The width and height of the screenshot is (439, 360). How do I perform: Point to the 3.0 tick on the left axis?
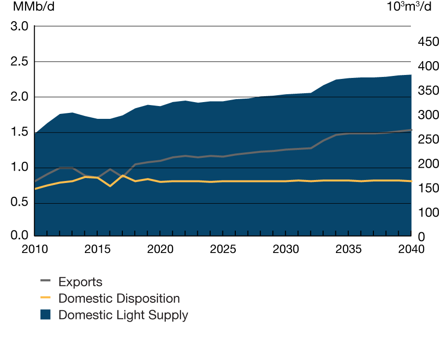pyautogui.click(x=19, y=26)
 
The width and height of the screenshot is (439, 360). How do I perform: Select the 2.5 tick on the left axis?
pyautogui.click(x=19, y=62)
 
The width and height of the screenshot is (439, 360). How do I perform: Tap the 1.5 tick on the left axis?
pyautogui.click(x=19, y=133)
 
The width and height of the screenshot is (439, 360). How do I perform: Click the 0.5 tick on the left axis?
pyautogui.click(x=19, y=203)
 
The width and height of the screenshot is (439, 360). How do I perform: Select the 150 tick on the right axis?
pyautogui.click(x=428, y=188)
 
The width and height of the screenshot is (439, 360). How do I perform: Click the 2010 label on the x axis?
pyautogui.click(x=34, y=249)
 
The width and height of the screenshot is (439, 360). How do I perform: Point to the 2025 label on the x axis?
pyautogui.click(x=222, y=249)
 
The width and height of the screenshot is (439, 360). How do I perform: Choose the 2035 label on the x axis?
pyautogui.click(x=348, y=249)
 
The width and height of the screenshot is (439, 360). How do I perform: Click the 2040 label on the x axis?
pyautogui.click(x=411, y=249)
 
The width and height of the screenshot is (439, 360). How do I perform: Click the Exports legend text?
pyautogui.click(x=80, y=282)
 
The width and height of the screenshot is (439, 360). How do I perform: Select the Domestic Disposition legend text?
pyautogui.click(x=119, y=298)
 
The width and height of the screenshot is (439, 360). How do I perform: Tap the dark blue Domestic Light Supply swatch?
pyautogui.click(x=45, y=315)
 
